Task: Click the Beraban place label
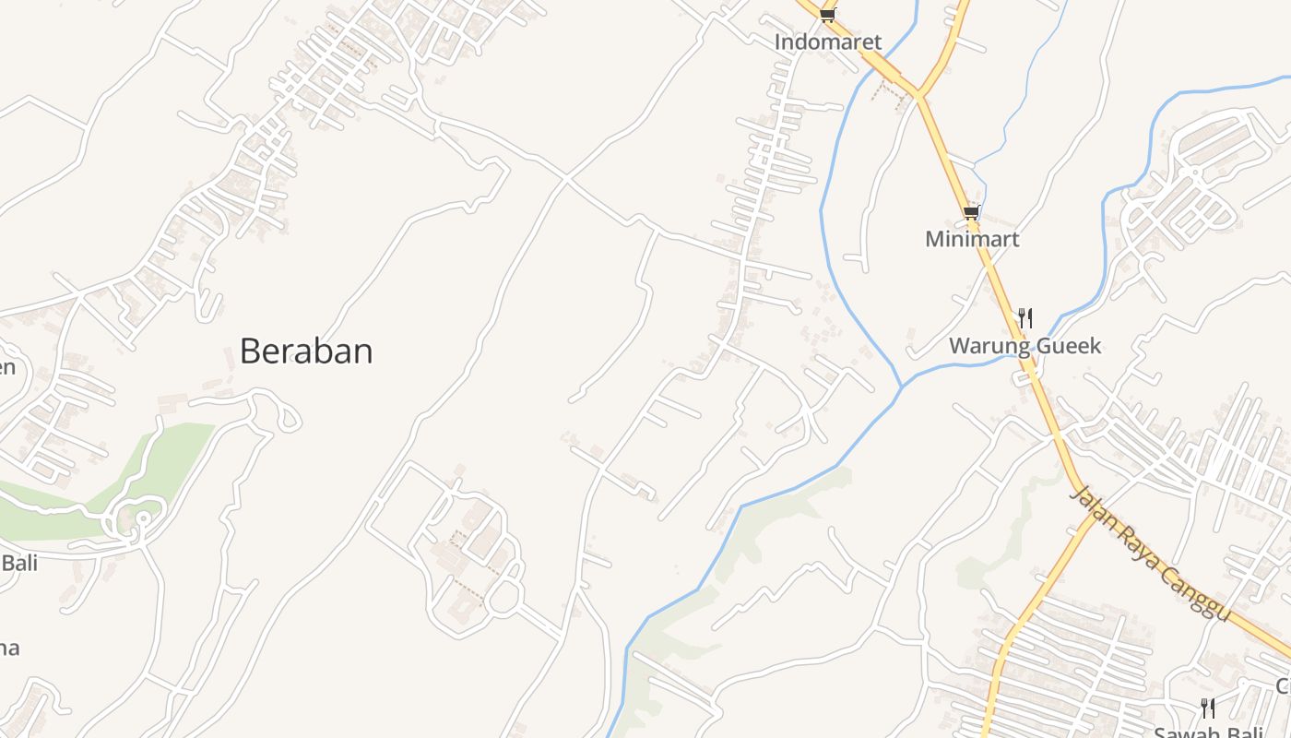[x=306, y=351]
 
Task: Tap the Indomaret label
[x=827, y=42]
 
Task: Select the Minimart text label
[x=972, y=239]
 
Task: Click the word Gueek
[x=1068, y=346]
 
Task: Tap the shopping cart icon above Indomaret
[x=827, y=15]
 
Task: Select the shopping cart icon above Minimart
[x=970, y=213]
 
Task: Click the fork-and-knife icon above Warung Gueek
[x=1025, y=318]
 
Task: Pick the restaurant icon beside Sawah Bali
[x=1208, y=708]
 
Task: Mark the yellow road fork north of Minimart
[x=919, y=94]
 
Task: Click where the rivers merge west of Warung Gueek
[x=902, y=386]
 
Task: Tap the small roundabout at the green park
[x=142, y=519]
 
